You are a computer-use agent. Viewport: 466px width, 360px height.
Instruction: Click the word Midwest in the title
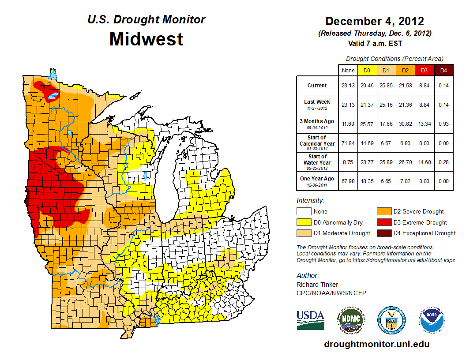coord(146,39)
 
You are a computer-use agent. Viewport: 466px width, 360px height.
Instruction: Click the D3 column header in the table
coord(424,70)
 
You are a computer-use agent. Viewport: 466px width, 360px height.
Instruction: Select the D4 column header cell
coord(443,70)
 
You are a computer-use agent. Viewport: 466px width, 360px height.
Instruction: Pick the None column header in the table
coord(348,70)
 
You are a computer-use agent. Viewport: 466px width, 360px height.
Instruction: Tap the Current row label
coord(317,86)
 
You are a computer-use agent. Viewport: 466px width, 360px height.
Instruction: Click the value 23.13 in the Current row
coord(348,86)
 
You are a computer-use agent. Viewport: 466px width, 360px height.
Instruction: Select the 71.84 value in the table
coord(348,143)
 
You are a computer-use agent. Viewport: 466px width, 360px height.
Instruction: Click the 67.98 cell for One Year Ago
coord(348,180)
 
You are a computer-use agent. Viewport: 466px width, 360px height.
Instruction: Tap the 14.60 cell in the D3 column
coord(424,162)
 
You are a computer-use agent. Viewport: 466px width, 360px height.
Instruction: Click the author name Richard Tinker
coord(317,285)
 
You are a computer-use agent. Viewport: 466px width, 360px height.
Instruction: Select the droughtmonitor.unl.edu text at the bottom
coord(376,344)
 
